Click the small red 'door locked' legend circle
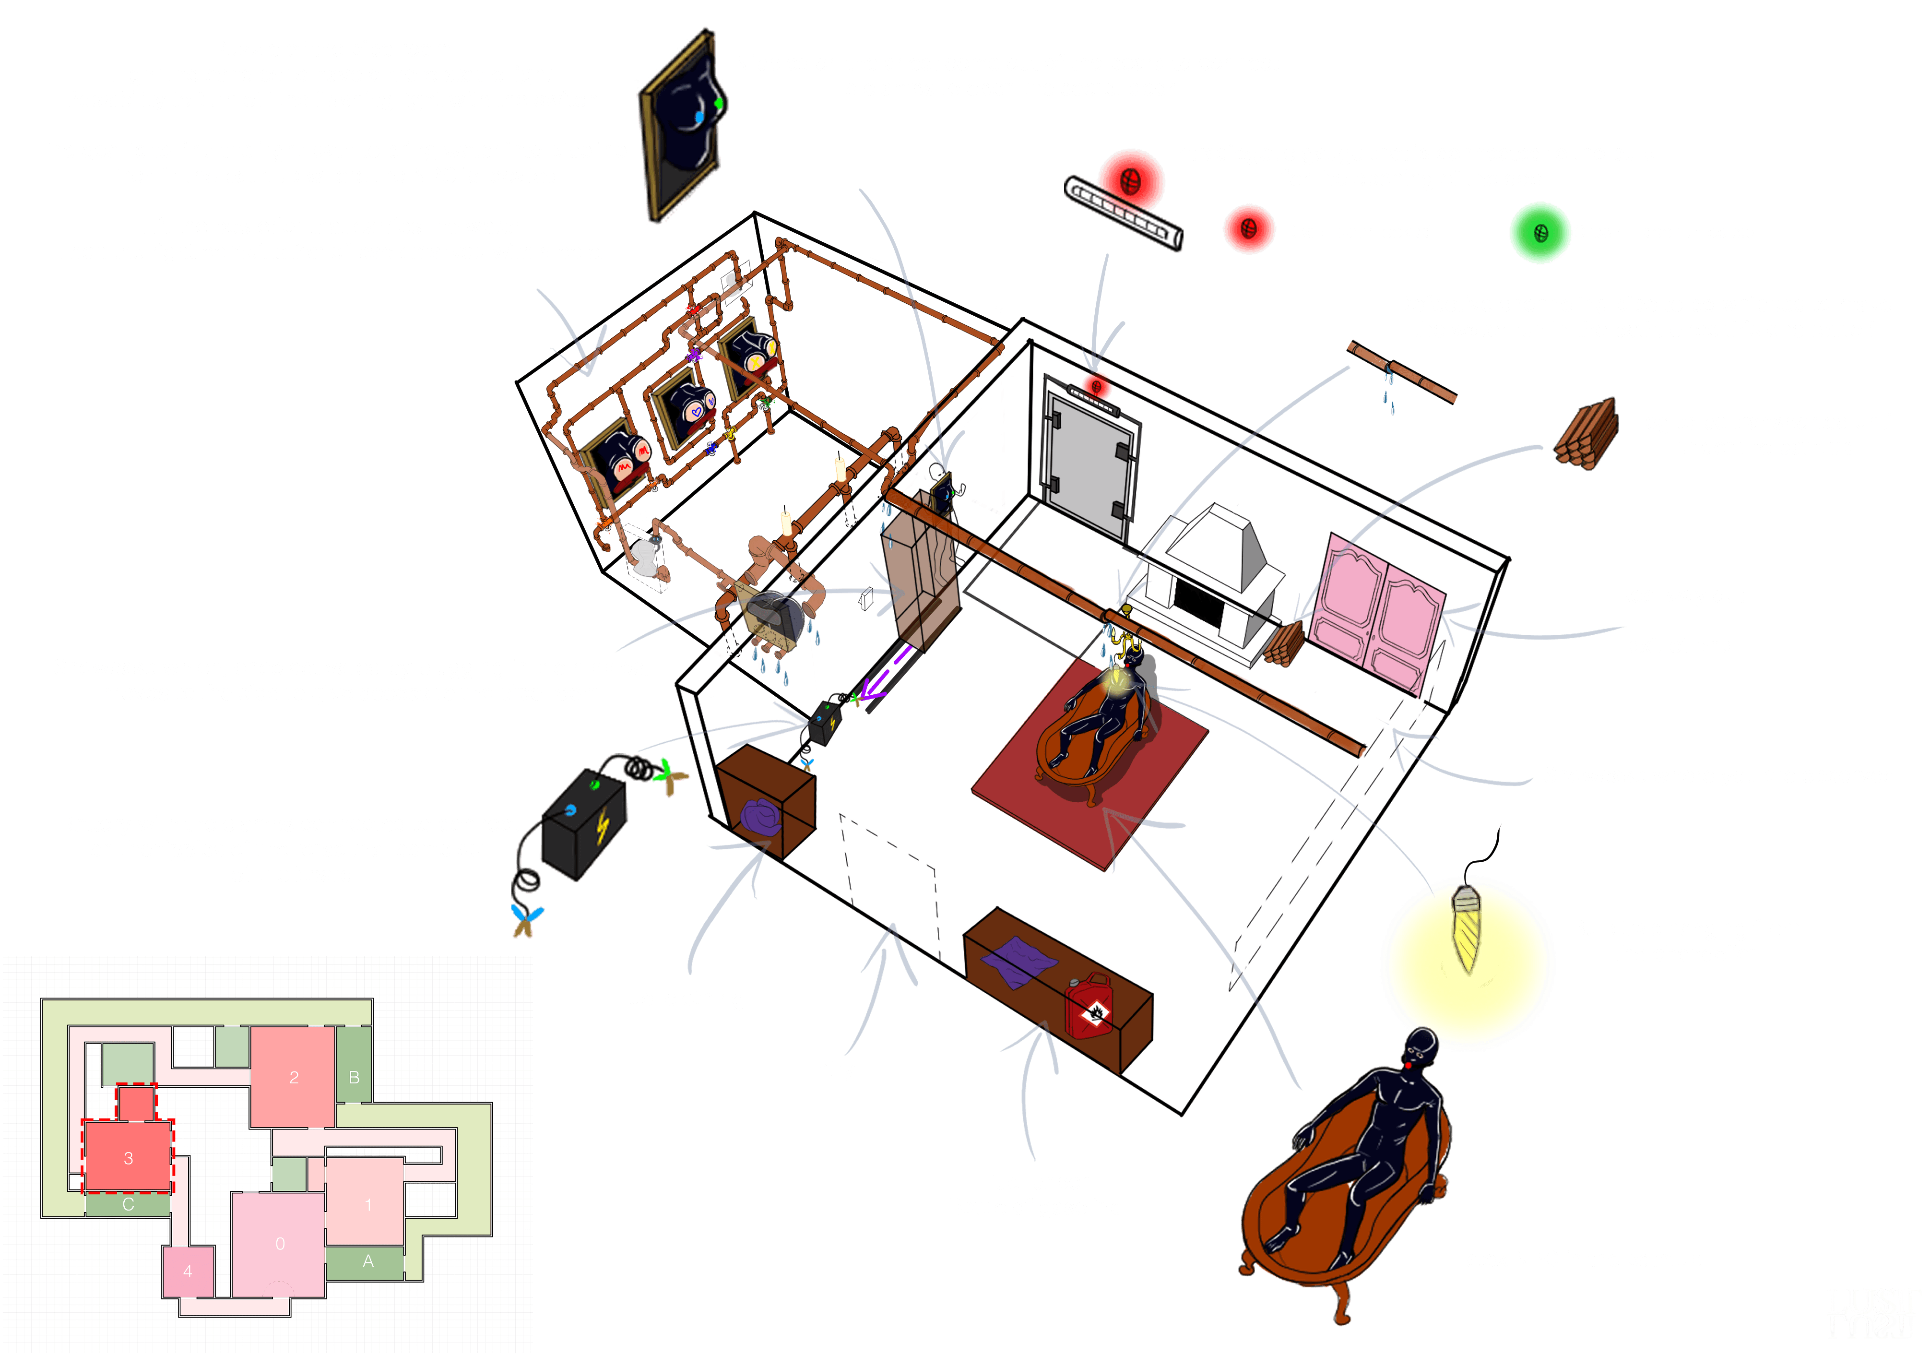(x=1248, y=229)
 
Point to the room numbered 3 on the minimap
(x=128, y=1157)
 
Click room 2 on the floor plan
(x=294, y=1077)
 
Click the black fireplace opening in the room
(x=1198, y=602)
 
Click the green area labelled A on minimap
(x=367, y=1261)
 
